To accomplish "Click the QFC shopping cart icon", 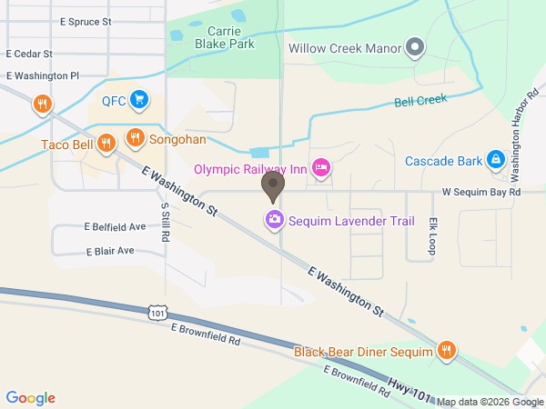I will pos(138,98).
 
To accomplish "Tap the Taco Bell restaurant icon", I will pos(106,142).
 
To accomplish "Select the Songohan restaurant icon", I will pos(135,137).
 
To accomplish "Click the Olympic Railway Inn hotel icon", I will pos(320,167).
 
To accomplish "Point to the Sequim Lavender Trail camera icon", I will pos(273,219).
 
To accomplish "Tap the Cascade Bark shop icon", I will pos(494,160).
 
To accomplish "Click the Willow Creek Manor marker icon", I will pos(415,47).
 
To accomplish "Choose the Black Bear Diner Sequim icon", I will pos(446,350).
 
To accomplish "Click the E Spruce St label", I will pos(85,20).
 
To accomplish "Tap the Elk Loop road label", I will pos(434,234).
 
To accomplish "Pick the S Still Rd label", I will pos(165,222).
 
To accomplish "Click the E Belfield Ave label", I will pos(114,226).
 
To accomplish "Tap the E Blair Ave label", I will pos(110,250).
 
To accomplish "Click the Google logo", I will pos(31,397).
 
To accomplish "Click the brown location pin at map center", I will pos(272,186).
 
